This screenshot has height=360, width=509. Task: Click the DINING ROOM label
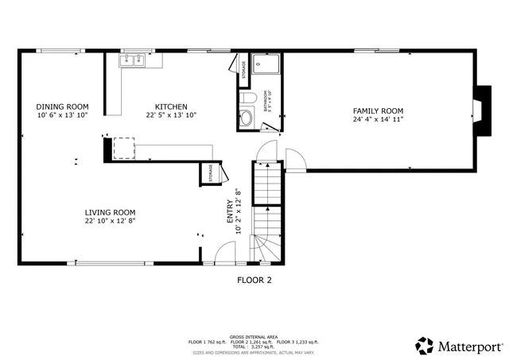62,106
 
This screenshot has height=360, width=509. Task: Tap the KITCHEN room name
171,106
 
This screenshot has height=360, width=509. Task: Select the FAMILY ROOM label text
379,110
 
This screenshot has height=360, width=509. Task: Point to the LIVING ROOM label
111,212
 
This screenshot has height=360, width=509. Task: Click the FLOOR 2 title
254,280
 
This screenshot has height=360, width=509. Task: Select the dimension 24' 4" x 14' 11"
379,119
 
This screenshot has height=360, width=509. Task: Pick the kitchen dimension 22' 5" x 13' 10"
171,115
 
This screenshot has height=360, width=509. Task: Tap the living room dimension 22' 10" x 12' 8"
111,221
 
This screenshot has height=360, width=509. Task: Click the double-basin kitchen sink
130,60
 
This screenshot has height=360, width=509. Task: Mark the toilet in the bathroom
247,99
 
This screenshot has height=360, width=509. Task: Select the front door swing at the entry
225,254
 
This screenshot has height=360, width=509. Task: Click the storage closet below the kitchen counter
211,173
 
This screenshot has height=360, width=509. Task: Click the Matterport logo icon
425,346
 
